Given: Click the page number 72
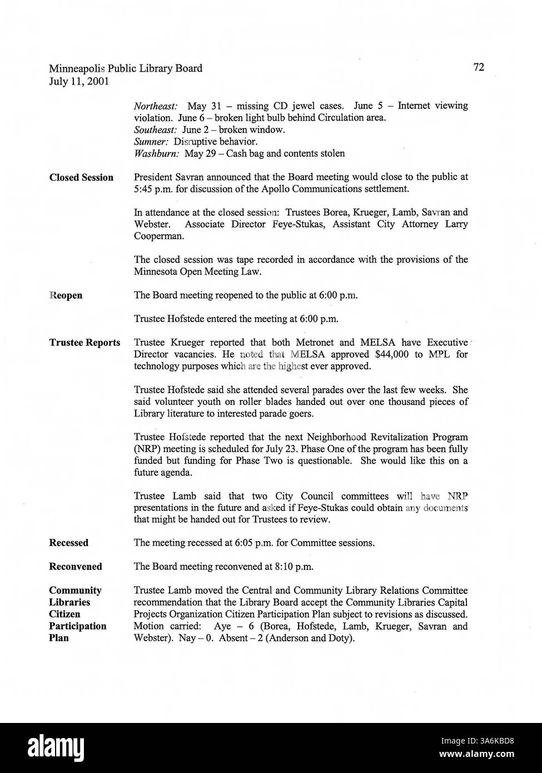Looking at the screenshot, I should click(x=479, y=67).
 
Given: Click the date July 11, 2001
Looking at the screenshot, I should click(x=79, y=81).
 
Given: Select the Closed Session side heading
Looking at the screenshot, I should click(x=81, y=177).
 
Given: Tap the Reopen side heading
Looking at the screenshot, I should click(x=66, y=295).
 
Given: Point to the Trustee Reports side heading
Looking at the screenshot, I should click(x=84, y=343).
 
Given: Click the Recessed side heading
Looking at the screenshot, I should click(x=68, y=543).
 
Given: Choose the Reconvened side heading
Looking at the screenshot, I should click(x=76, y=567).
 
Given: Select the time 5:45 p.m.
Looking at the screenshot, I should click(x=154, y=189).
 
